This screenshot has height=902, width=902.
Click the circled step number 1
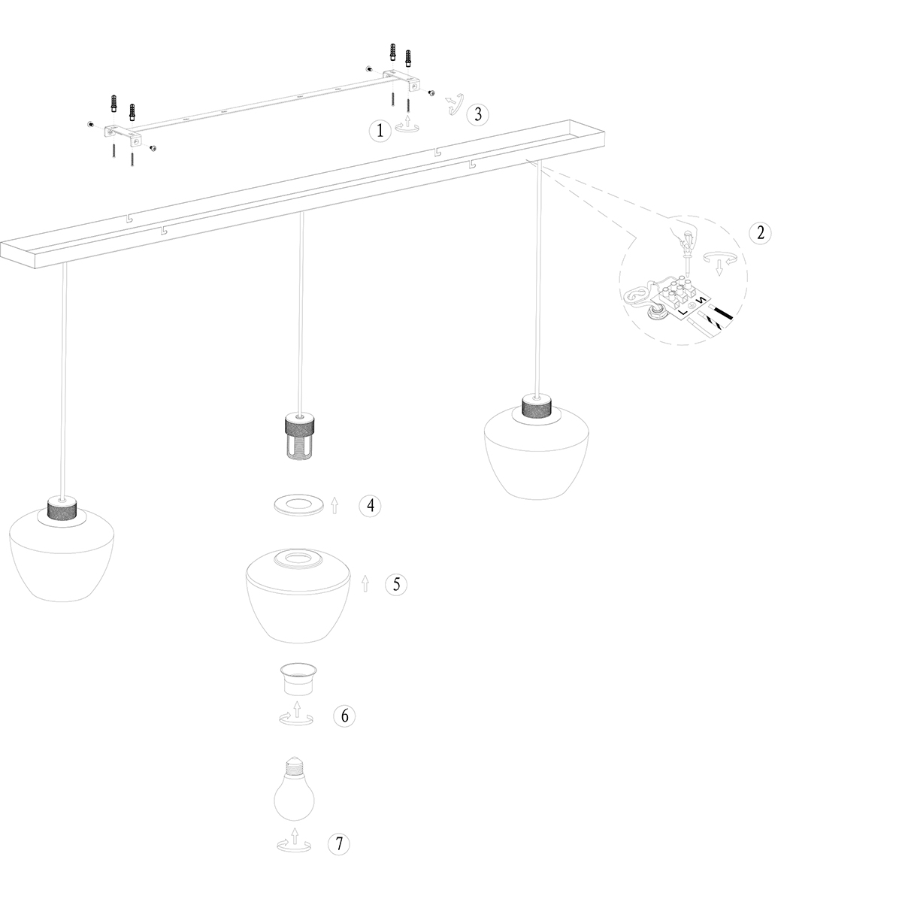point(380,131)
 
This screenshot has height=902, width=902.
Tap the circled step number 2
point(760,232)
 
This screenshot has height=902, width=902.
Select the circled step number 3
point(477,114)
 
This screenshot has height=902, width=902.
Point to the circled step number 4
point(370,506)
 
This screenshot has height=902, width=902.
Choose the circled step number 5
point(396,584)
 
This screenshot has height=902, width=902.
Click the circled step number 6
point(344,716)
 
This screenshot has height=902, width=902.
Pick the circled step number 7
point(339,844)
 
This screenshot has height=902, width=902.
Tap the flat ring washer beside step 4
point(298,505)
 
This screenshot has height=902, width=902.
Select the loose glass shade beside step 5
point(298,595)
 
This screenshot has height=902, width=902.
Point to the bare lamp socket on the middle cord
point(298,436)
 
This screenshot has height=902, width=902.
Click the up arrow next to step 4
point(334,506)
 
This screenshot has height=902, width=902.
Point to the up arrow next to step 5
point(365,584)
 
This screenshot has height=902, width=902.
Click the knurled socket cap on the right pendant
point(537,407)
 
